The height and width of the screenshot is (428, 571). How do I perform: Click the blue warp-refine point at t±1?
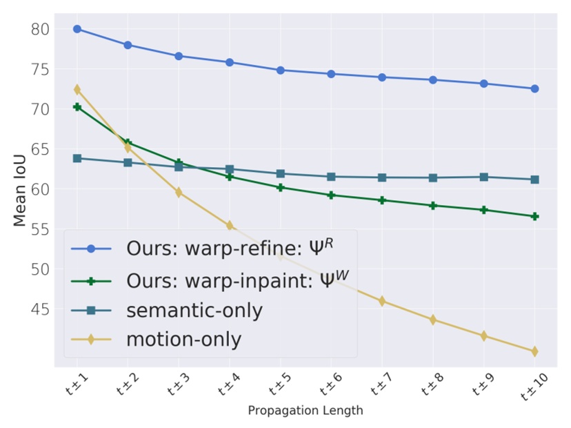point(77,29)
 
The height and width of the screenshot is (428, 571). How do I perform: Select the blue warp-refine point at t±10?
point(535,88)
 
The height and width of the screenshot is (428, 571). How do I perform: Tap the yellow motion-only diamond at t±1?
point(77,90)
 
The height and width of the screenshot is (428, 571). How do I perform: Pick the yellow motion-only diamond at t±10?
point(535,351)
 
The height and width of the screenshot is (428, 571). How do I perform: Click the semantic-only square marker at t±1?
point(77,158)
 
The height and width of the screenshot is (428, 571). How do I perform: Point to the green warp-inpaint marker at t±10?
point(535,216)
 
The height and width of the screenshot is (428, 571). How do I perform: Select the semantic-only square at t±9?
point(484,177)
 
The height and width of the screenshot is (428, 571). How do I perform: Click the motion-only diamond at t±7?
point(382,301)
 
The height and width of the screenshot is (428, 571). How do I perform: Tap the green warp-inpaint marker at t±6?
point(331,195)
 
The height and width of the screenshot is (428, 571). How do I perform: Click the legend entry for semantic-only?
point(194,311)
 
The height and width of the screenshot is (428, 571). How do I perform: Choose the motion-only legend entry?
point(183,340)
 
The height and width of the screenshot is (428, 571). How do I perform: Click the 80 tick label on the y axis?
point(40,29)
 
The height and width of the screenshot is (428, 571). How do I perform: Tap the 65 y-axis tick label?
point(40,149)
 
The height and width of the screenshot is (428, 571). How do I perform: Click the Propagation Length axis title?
point(305,411)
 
